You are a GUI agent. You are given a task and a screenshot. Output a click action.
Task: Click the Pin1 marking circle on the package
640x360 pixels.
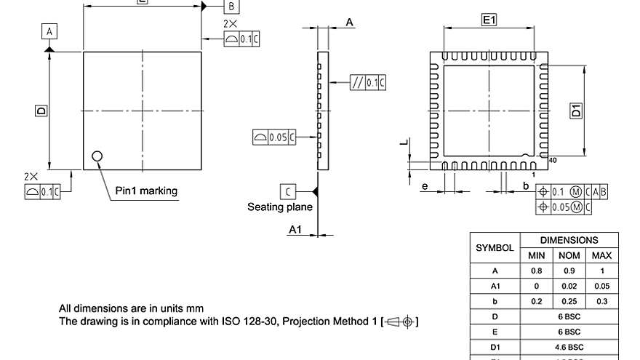coord(97,155)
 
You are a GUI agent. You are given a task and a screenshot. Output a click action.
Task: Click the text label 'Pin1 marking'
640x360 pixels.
coord(146,191)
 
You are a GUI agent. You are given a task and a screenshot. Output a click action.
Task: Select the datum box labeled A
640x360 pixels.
coord(49,31)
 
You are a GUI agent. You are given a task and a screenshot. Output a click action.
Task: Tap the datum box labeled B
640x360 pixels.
coord(230,7)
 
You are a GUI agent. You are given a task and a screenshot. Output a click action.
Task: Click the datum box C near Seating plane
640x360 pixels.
coord(289,191)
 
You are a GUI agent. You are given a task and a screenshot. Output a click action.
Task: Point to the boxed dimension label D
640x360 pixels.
coord(41,111)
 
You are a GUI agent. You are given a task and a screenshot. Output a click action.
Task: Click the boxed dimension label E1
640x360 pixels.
coord(489,21)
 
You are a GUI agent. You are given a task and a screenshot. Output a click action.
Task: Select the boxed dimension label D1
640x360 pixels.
coord(575,111)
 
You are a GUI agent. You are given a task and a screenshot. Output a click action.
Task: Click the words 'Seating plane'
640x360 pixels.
coord(280,207)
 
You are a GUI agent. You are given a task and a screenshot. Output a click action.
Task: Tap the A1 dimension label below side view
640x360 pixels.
coord(295,229)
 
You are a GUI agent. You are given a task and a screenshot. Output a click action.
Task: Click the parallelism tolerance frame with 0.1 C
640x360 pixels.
coord(368,82)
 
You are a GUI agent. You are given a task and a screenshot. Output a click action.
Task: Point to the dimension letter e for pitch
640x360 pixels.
coord(425,186)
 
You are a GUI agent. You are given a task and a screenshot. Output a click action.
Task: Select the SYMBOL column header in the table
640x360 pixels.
coord(495,247)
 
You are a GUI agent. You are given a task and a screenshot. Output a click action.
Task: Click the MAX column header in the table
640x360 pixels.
coord(601,255)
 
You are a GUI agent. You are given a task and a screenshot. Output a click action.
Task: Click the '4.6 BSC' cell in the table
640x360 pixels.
coord(568,347)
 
